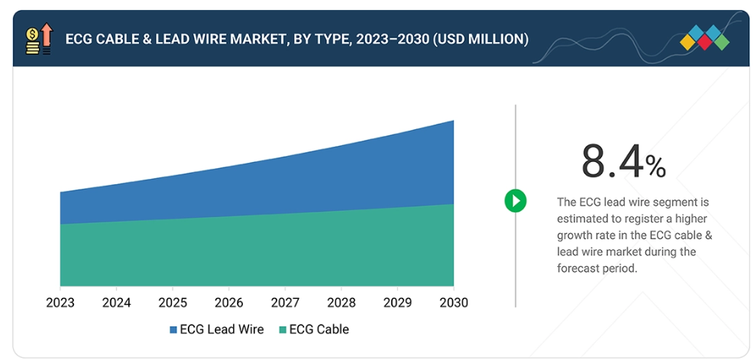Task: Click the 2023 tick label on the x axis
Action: (60, 303)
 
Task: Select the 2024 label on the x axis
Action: (116, 303)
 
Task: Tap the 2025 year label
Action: (173, 303)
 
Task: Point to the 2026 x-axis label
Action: (229, 303)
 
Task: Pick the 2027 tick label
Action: (285, 303)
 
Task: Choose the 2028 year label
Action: (341, 303)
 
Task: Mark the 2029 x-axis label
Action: (397, 303)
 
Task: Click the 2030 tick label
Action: (453, 303)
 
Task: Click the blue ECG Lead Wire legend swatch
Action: (173, 330)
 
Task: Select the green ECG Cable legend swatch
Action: (283, 330)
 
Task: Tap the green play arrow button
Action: (516, 201)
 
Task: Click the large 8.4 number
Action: (612, 162)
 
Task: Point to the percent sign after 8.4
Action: (656, 166)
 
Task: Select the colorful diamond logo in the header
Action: (704, 37)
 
